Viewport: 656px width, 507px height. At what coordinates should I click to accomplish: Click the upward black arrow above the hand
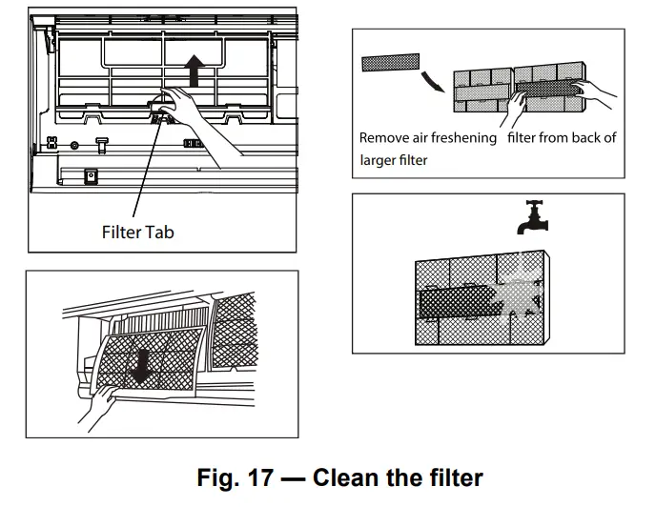195,71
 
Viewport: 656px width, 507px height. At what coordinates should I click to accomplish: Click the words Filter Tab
137,232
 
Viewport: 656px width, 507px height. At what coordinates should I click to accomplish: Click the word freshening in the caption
464,138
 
